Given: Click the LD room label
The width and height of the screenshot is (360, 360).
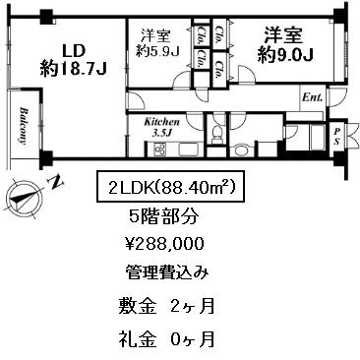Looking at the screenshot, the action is pos(74,51).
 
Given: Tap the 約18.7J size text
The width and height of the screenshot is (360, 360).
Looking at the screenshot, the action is pos(73,70).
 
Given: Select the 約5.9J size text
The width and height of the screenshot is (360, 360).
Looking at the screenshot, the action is pos(157,51).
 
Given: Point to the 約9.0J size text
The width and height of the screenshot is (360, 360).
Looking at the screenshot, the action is pos(285,55).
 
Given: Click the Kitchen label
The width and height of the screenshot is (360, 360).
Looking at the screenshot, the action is pos(162,122).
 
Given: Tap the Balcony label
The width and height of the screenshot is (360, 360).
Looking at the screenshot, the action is pos(24,125).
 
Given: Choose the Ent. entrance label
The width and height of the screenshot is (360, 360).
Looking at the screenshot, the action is pos(313,97).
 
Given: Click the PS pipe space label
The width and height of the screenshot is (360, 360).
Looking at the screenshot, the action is pos(336,136).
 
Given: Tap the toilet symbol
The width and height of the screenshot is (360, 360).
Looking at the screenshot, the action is pos(216,135).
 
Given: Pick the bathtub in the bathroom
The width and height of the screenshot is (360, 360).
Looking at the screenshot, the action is pos(318,138).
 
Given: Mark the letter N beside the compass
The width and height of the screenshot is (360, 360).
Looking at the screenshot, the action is pos(56,182).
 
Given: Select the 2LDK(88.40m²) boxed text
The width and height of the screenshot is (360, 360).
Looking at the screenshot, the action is pos(170,186).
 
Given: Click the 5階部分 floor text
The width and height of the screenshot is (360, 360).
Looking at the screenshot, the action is pos(164,215).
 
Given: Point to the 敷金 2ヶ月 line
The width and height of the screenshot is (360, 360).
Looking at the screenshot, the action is pos(166,307).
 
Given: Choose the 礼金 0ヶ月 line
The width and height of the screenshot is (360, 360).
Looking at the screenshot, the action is pos(166,338).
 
